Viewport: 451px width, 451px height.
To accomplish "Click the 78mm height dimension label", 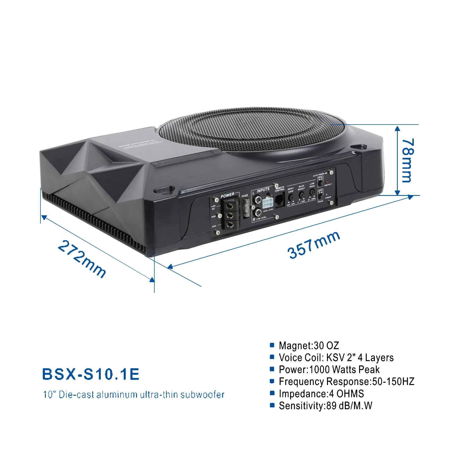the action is click(407, 160).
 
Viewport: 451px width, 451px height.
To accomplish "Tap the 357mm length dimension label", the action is click(313, 245).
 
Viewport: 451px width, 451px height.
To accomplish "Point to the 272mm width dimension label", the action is click(82, 259).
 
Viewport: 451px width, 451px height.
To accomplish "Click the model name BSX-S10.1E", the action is click(91, 374).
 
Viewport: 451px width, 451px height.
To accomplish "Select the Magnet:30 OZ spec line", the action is click(309, 346).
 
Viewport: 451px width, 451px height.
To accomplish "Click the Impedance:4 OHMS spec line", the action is click(321, 394).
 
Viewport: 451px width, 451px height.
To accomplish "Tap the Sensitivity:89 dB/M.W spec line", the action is click(325, 406).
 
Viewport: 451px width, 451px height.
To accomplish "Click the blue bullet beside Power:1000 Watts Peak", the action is click(272, 369).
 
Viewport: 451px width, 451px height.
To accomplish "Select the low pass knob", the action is click(312, 192).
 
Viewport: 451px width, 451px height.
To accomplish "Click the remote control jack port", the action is click(279, 199).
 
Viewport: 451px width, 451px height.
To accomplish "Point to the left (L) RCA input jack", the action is click(258, 199).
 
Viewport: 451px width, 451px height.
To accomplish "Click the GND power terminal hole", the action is click(230, 224).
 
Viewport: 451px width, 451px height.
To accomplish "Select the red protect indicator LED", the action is click(326, 182).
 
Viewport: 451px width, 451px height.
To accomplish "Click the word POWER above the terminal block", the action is click(227, 195).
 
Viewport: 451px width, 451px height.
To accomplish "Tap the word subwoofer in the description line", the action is click(202, 394).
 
